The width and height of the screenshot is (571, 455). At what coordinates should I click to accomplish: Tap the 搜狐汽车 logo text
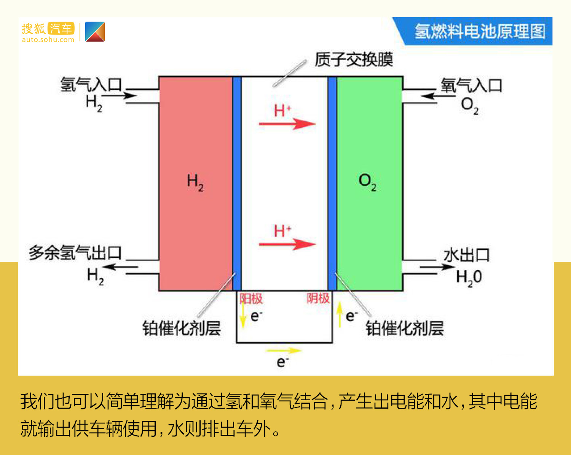pos(48,29)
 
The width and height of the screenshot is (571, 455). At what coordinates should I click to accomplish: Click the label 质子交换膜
pos(354,59)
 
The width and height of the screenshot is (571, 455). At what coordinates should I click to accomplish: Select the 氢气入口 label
pos(91,85)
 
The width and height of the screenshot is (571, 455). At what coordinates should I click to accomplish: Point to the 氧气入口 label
pos(471,86)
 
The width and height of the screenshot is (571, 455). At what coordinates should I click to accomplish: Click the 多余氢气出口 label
pos(75,252)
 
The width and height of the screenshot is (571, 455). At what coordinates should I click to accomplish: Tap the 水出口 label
pos(466,255)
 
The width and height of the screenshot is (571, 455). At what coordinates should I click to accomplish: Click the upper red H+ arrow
pos(287,124)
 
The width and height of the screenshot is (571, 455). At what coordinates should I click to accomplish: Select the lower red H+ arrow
pos(287,244)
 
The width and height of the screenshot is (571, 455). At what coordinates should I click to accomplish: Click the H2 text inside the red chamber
pos(195,182)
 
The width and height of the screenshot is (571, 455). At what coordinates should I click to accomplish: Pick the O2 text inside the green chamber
pos(367,182)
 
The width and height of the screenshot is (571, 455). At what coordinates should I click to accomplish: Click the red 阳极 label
pos(251,299)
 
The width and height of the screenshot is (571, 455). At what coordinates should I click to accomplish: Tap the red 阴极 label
pos(318,298)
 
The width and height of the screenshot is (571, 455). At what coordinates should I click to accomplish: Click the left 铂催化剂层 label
pos(182,328)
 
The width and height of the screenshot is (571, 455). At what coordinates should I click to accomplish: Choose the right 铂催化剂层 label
pos(405,328)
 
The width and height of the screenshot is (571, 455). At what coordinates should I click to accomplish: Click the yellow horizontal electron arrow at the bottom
pos(284,350)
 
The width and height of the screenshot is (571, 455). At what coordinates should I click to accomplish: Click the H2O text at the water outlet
pos(469,278)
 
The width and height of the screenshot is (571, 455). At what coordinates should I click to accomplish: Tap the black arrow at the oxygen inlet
pos(438,96)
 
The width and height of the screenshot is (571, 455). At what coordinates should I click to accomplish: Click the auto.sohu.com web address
pos(48,40)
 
